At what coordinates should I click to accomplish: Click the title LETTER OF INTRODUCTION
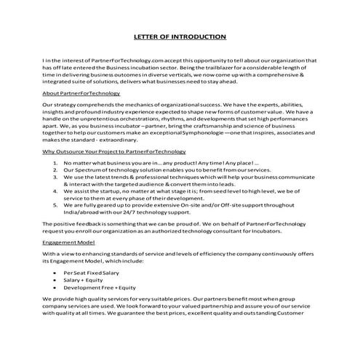[180, 36]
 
